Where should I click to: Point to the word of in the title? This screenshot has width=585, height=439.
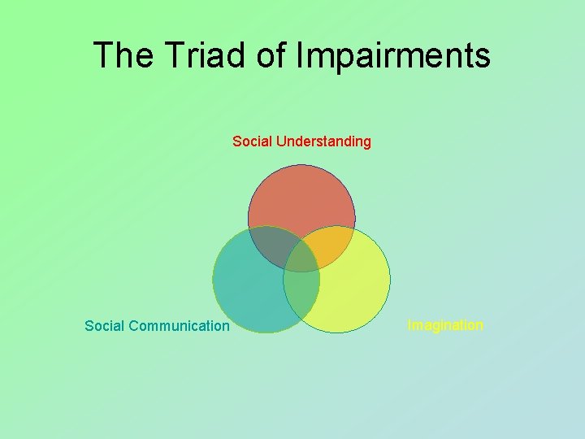click(271, 55)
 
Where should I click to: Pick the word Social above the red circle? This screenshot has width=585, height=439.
click(252, 141)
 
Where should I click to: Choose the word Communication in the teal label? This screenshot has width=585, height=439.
click(179, 326)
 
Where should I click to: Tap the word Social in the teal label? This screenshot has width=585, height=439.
click(104, 326)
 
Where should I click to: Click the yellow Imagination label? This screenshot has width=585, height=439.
click(445, 325)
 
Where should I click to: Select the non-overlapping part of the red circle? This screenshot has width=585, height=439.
click(301, 195)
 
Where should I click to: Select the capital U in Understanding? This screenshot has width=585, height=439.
click(281, 141)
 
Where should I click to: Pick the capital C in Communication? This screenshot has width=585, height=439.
click(133, 326)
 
